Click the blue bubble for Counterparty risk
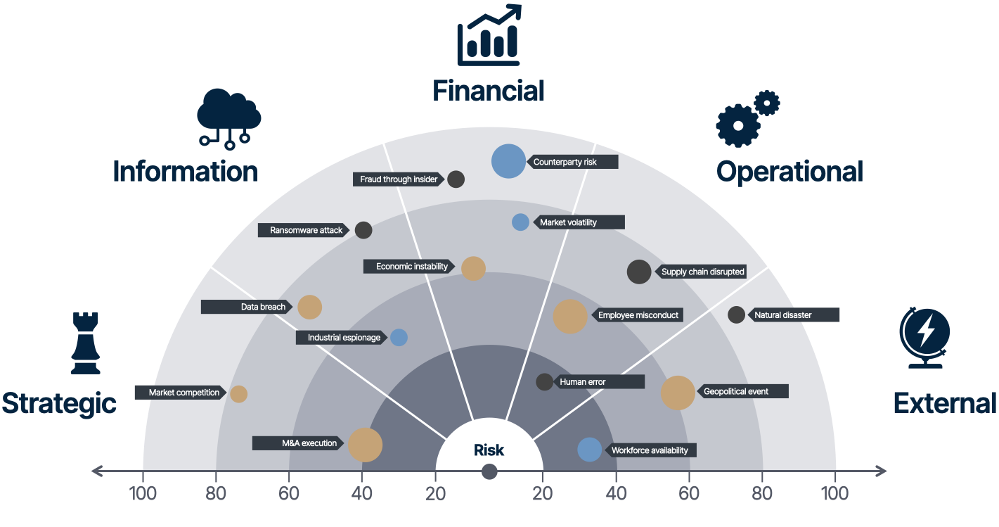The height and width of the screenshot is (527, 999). [508, 161]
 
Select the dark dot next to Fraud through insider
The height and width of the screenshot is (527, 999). [456, 179]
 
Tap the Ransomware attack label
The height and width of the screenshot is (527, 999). [303, 230]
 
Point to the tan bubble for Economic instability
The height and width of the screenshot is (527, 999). [473, 269]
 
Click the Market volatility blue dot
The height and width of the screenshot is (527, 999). [520, 222]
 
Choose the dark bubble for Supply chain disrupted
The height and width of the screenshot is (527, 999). [639, 272]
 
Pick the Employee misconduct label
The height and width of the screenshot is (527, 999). [638, 315]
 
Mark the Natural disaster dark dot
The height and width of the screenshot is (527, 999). [736, 315]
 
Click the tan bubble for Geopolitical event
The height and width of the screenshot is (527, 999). [678, 393]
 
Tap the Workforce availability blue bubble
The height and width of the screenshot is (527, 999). [590, 450]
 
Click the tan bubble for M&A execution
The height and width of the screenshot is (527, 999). [366, 445]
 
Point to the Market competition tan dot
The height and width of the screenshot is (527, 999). [238, 394]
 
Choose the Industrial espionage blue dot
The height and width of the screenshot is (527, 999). [399, 337]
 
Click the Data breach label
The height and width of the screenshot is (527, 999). [247, 307]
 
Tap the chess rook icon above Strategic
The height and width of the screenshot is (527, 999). [86, 343]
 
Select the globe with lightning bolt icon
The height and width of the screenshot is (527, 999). [924, 338]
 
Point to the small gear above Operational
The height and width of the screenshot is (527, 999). [767, 103]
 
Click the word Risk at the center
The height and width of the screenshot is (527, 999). [489, 450]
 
